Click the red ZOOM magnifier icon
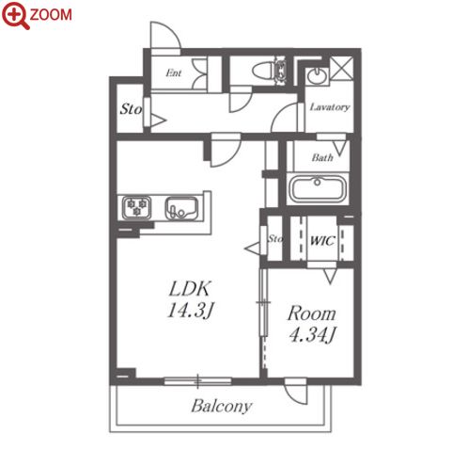pos(15,14)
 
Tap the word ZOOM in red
pos(51,15)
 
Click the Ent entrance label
pos(174,73)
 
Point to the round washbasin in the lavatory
pos(317,75)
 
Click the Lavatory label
pos(330,107)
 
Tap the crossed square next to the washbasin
pos(342,68)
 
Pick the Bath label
pos(322,157)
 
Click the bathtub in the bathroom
pos(318,189)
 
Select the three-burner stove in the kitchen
pos(136,207)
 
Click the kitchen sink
pos(181,208)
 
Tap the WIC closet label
pos(322,241)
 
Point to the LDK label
pos(190,289)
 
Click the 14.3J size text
pos(190,311)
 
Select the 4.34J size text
pos(312,335)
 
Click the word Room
pos(312,313)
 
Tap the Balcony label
pos(222,407)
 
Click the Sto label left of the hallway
pos(131,109)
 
